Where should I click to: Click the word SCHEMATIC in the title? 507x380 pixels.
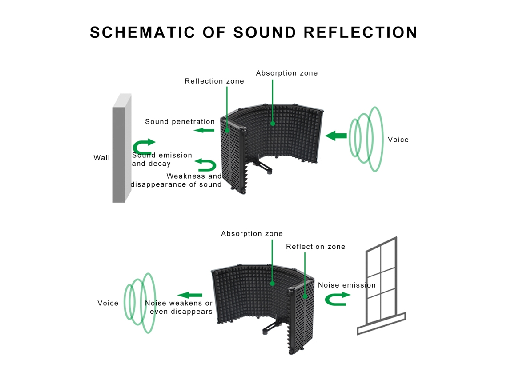(x=142, y=32)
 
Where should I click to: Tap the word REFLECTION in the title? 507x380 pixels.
(x=361, y=32)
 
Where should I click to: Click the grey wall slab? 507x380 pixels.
(x=121, y=148)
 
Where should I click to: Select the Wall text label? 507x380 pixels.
(x=101, y=158)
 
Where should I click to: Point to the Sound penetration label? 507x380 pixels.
(x=180, y=121)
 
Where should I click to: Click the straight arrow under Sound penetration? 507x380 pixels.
(x=204, y=131)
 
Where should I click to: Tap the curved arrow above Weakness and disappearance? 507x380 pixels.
(x=205, y=165)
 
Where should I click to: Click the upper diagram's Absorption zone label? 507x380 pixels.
(x=287, y=73)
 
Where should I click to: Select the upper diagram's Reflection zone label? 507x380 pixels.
(x=214, y=81)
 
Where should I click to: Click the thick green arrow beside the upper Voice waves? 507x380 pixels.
(x=336, y=136)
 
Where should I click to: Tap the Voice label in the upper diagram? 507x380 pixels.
(x=398, y=140)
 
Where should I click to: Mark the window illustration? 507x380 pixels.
(x=382, y=286)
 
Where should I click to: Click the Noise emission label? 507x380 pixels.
(x=347, y=285)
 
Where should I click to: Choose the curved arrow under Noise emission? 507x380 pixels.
(x=337, y=299)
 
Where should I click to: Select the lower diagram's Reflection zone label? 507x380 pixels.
(x=316, y=247)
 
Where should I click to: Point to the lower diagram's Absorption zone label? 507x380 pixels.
(x=252, y=234)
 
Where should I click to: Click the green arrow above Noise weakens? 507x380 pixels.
(x=190, y=295)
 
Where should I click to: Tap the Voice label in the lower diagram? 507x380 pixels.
(x=108, y=303)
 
